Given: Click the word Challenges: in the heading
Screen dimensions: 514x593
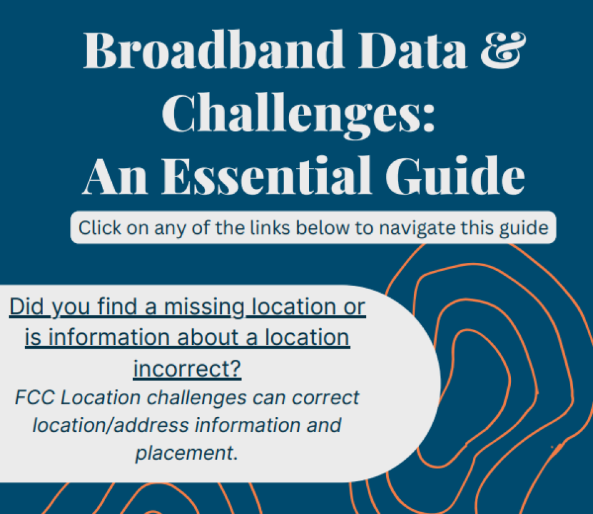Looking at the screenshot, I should pos(303,114).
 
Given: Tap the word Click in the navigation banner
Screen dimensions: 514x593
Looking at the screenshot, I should pos(101,228).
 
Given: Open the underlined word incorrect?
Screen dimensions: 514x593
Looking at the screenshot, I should pos(187,370).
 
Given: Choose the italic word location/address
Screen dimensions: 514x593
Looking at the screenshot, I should pos(115,425).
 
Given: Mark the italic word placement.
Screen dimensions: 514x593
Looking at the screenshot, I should pos(186,454).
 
